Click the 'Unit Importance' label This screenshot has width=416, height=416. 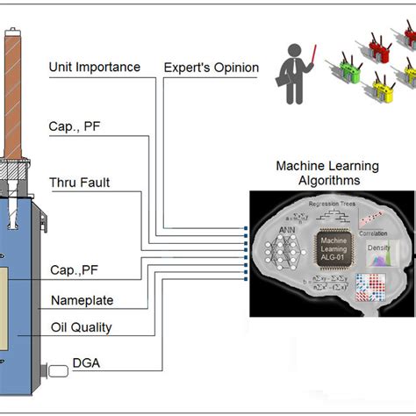coord(94,68)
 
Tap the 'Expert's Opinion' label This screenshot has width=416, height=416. coord(212,68)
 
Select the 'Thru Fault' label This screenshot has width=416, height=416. coord(79,183)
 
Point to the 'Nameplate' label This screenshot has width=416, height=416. coord(81,300)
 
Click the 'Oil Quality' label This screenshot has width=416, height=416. coord(80,328)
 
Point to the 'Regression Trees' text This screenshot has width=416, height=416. coord(329,203)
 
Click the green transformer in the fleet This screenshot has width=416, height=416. coord(338,65)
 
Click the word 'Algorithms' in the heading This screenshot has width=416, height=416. coord(317,180)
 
